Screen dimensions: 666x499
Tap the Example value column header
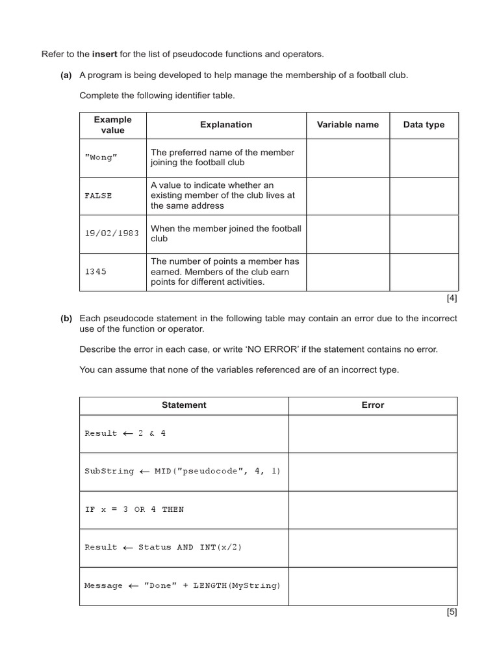point(112,125)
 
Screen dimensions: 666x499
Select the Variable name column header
point(348,125)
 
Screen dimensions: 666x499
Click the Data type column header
point(424,125)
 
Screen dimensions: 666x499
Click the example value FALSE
point(98,195)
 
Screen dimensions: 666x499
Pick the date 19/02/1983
point(112,233)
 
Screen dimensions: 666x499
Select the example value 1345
point(96,272)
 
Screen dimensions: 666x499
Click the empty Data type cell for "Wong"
point(424,158)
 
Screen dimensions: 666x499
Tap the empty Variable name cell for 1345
point(348,272)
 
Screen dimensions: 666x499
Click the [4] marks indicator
point(452,299)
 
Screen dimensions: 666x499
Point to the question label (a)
point(66,75)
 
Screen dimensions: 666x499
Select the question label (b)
point(66,319)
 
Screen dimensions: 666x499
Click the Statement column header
point(184,405)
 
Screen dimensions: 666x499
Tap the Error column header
point(373,405)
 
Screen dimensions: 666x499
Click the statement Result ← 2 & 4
point(125,434)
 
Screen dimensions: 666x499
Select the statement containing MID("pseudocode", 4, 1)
point(183,472)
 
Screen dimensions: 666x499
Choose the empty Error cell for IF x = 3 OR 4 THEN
point(373,510)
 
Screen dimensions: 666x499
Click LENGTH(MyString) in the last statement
point(237,586)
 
